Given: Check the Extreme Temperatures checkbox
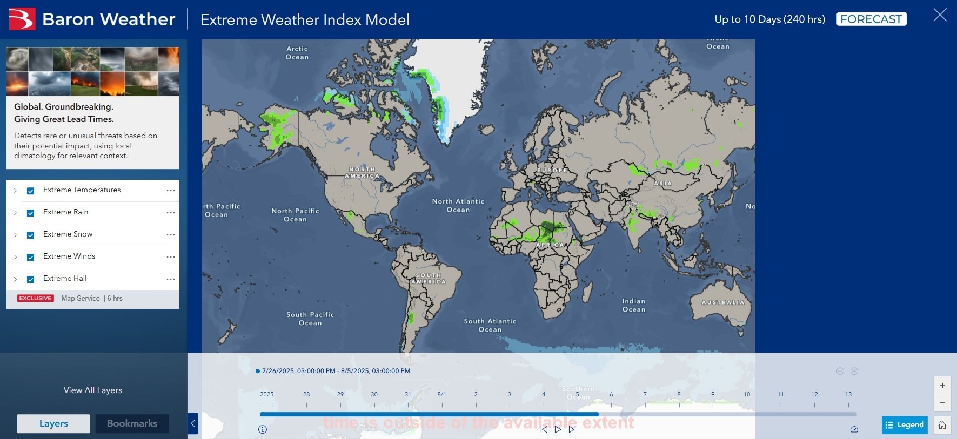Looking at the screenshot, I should [31, 191].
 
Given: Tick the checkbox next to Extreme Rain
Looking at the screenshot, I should [31, 213].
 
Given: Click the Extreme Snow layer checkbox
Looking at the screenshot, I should [31, 235].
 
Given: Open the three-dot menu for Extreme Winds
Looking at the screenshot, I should [171, 257].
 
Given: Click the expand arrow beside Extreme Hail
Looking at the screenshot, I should [15, 279].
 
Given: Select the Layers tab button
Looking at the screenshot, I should [53, 423].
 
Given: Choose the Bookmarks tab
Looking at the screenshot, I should [132, 423].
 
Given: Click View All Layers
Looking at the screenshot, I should [93, 390].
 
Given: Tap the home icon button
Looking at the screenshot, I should [942, 425].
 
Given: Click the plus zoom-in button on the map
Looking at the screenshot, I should [942, 386].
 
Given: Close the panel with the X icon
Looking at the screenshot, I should [940, 15].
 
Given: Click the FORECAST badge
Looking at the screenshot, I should [871, 19].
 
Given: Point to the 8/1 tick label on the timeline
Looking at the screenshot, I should [442, 395].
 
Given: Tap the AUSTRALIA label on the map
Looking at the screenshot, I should [722, 302].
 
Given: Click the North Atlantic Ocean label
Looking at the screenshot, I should [458, 205].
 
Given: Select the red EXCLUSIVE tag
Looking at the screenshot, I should [36, 298].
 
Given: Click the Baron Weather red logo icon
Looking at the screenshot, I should [22, 19].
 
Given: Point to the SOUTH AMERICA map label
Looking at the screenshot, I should [429, 279].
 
